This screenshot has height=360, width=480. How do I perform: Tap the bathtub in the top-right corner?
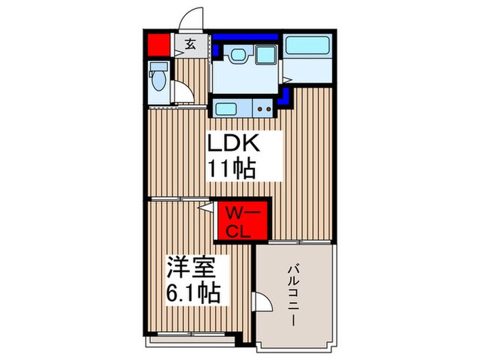tap(307, 47)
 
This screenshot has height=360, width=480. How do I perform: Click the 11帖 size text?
tap(233, 169)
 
